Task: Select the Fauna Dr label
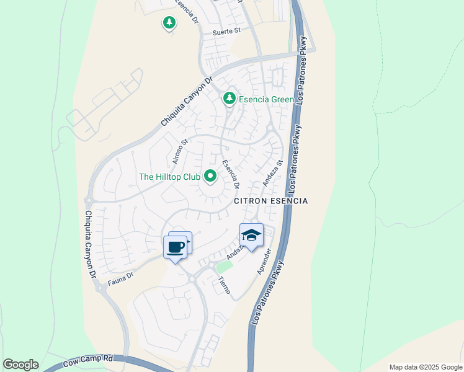tap(121, 275)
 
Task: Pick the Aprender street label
tap(265, 261)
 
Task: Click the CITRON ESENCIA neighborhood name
tap(270, 201)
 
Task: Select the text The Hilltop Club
tap(169, 177)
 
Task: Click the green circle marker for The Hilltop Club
tap(210, 177)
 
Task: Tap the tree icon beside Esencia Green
tap(230, 98)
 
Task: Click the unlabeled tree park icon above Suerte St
tap(169, 23)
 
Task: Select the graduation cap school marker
tap(251, 236)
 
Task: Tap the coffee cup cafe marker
tap(176, 247)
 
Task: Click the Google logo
tap(20, 365)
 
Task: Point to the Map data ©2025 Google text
tap(424, 367)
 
